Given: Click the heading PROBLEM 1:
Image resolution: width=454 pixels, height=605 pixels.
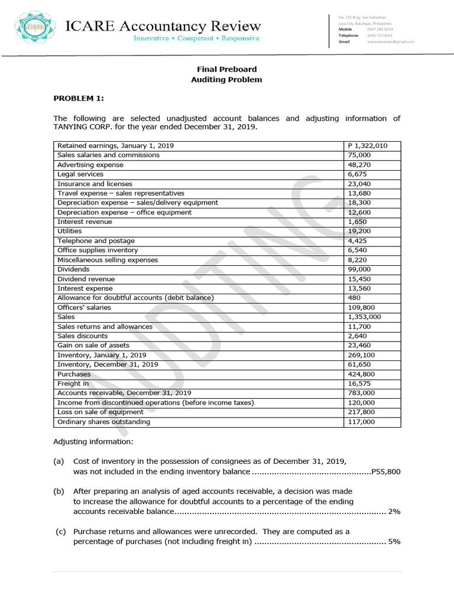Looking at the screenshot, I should pyautogui.click(x=79, y=98).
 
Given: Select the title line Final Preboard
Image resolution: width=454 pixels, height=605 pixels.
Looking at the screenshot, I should pyautogui.click(x=226, y=70).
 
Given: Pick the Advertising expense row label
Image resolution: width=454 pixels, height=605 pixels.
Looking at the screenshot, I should pyautogui.click(x=90, y=165).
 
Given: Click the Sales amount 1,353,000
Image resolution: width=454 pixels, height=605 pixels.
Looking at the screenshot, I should pyautogui.click(x=364, y=317).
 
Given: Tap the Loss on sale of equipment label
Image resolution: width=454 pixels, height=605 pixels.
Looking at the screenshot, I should pyautogui.click(x=100, y=412).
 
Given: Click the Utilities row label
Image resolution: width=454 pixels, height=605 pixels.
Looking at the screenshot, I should pyautogui.click(x=70, y=231).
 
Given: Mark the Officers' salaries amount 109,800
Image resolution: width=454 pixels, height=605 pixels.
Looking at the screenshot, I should pyautogui.click(x=362, y=307).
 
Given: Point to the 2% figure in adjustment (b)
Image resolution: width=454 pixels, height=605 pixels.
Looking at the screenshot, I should pyautogui.click(x=394, y=512).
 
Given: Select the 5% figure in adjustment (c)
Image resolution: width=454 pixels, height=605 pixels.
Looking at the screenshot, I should pyautogui.click(x=394, y=541).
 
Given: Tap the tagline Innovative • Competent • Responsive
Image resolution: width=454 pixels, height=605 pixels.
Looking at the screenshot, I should pyautogui.click(x=196, y=38).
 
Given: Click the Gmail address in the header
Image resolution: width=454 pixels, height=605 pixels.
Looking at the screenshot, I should pyautogui.click(x=390, y=42).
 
